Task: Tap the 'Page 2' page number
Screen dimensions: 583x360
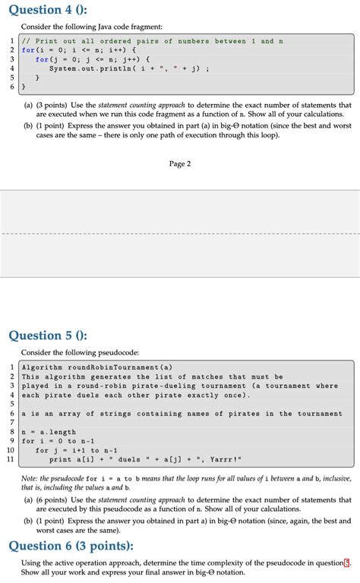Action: click(x=180, y=163)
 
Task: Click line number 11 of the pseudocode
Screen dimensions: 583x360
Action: click(x=10, y=459)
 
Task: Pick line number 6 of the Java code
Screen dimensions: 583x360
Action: click(x=11, y=87)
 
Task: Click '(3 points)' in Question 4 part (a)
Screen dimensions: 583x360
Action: click(x=60, y=106)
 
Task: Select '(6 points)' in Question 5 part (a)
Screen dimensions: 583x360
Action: click(x=60, y=501)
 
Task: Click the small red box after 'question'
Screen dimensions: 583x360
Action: click(x=347, y=563)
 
